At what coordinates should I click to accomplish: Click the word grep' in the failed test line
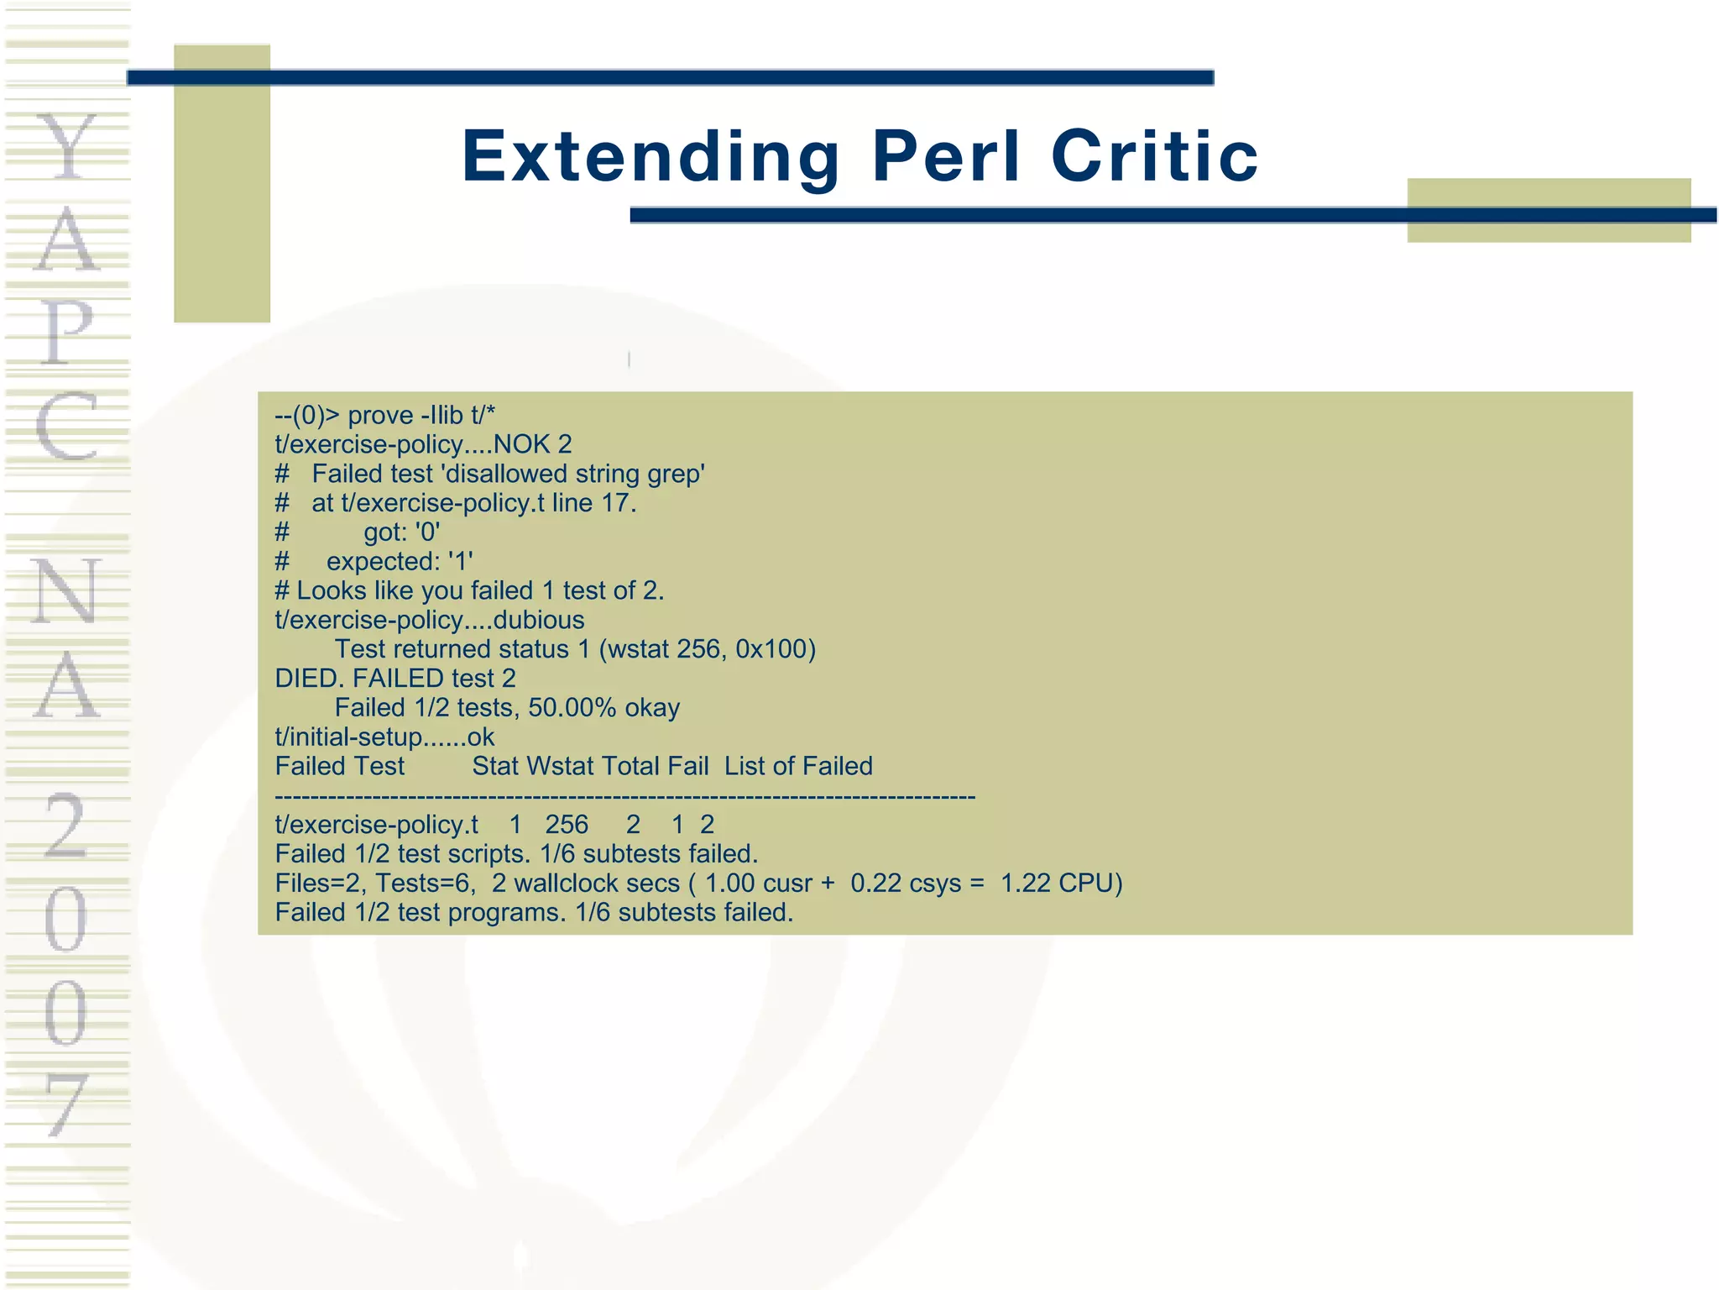click(676, 475)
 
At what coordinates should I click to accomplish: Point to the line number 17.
click(619, 503)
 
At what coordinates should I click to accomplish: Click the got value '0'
click(427, 532)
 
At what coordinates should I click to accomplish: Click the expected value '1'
click(460, 562)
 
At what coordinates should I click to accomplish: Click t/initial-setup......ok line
click(384, 737)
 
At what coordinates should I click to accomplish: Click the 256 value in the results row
click(567, 825)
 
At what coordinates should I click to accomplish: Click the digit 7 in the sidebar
click(66, 1104)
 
